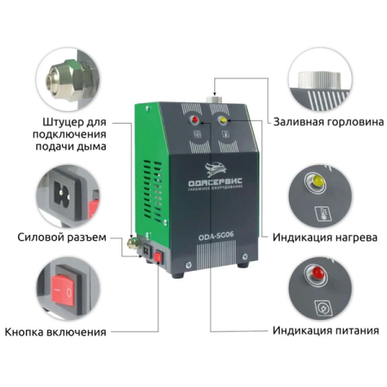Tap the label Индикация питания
click(x=324, y=330)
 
